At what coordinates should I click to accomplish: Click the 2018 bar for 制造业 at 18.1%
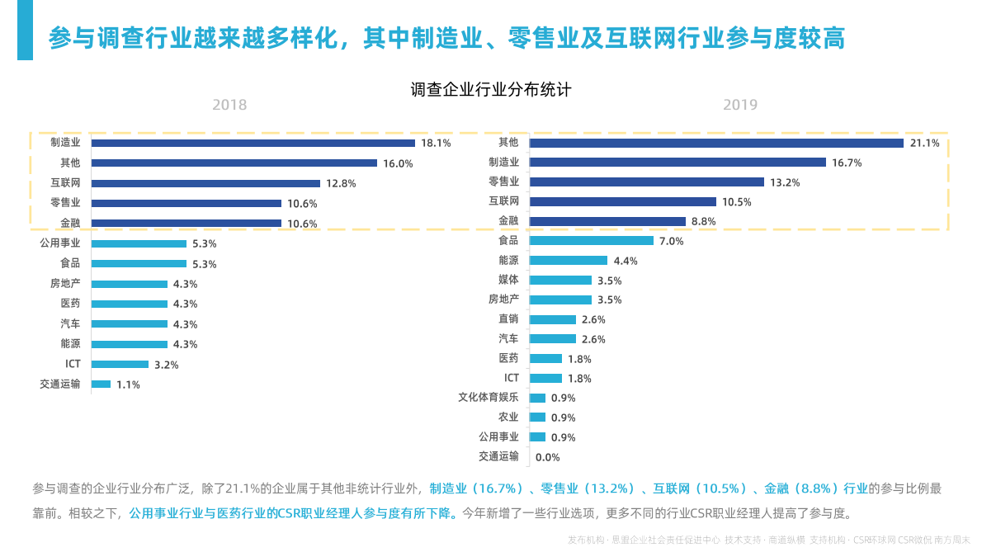(253, 143)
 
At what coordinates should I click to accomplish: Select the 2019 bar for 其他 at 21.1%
(716, 143)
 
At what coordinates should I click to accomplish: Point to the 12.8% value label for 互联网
(341, 183)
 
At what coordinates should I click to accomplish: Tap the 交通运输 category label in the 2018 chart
(59, 384)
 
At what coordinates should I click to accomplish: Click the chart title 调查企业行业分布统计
(490, 89)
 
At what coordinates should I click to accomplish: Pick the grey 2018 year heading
(229, 105)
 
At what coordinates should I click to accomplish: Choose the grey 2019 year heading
(740, 105)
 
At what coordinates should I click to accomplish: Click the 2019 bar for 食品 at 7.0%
(591, 241)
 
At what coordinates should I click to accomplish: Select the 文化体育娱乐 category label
(489, 398)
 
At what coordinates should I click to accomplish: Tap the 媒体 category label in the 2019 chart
(508, 280)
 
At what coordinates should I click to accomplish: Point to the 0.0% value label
(548, 457)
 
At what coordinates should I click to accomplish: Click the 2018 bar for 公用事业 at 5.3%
(139, 243)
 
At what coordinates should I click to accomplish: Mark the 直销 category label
(508, 319)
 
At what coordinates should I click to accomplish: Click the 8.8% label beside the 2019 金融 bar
(704, 221)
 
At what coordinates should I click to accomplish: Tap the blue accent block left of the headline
(25, 31)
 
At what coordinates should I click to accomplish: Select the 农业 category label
(508, 418)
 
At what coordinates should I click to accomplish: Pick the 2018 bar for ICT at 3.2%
(120, 364)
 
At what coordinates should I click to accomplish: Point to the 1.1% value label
(128, 385)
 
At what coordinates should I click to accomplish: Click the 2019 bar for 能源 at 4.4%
(568, 261)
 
